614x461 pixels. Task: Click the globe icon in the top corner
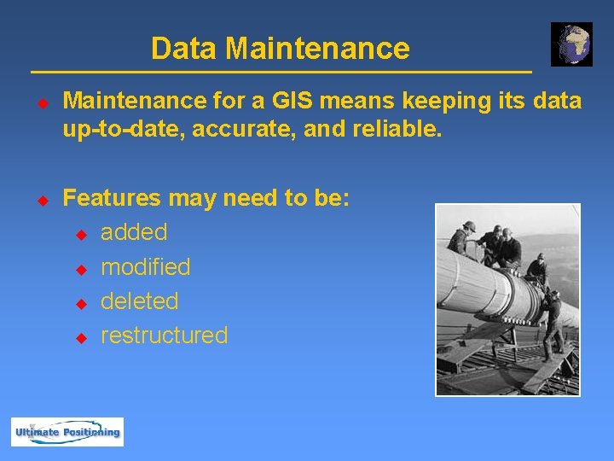[x=571, y=44]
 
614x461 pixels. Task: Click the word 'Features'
[x=112, y=199]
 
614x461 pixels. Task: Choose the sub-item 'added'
[x=134, y=232]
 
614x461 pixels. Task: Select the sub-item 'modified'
[x=145, y=267]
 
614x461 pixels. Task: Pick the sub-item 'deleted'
[x=139, y=301]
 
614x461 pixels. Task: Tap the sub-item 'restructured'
[x=164, y=336]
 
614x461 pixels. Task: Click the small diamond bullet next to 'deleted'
[x=81, y=303]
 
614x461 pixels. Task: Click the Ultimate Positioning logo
[x=67, y=432]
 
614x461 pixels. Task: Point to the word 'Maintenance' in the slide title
[x=317, y=49]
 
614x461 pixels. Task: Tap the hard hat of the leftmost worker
[x=468, y=226]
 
